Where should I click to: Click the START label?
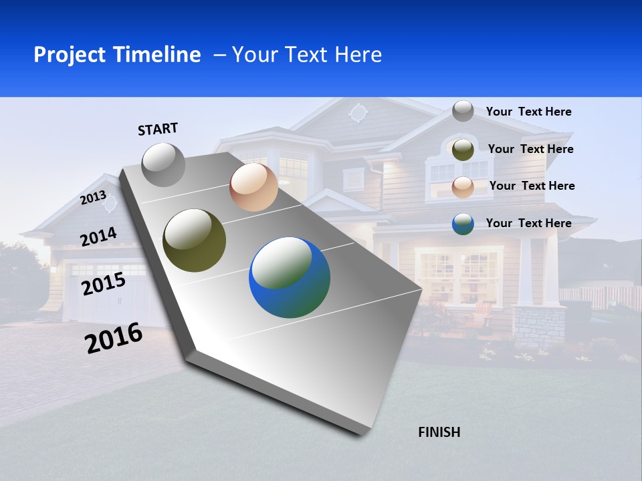158,129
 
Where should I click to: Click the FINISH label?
439,432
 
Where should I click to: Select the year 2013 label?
93,198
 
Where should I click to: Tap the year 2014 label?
98,237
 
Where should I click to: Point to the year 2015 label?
104,284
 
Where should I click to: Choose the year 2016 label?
114,338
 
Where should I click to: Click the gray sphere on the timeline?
164,164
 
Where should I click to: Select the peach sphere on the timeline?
253,187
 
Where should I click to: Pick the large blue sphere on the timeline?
290,277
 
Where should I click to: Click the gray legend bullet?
463,111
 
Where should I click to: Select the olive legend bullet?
463,150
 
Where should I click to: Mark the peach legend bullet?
463,187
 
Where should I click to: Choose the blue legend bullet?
463,224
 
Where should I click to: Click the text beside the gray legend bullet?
528,112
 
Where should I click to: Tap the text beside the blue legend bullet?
528,223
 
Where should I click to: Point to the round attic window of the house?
358,112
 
